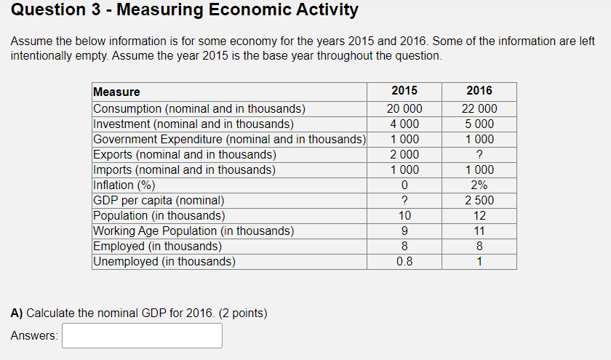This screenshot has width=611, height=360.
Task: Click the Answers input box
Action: (142, 335)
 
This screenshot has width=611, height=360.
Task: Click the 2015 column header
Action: (404, 91)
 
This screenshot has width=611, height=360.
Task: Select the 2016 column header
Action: (479, 91)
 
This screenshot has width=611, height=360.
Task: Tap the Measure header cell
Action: (117, 92)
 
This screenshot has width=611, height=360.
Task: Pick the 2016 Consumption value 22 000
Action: (479, 109)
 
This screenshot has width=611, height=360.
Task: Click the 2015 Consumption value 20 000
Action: (404, 109)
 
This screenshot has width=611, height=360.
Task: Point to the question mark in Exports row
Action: (479, 155)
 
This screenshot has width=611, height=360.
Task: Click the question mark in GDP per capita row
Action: (404, 201)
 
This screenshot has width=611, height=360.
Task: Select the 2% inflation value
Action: (479, 185)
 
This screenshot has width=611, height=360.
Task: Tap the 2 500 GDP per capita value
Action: (479, 201)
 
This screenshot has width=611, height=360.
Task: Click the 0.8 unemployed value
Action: (404, 262)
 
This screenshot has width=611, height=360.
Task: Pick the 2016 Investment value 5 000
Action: (479, 124)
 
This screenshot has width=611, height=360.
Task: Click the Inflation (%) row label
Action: (124, 185)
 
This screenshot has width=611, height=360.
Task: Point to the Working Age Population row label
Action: (193, 231)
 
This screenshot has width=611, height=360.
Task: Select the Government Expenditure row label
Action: (228, 140)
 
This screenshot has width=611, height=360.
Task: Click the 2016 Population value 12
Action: (479, 216)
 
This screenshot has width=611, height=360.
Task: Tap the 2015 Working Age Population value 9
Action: (404, 231)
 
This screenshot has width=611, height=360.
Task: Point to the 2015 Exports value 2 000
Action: (404, 155)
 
